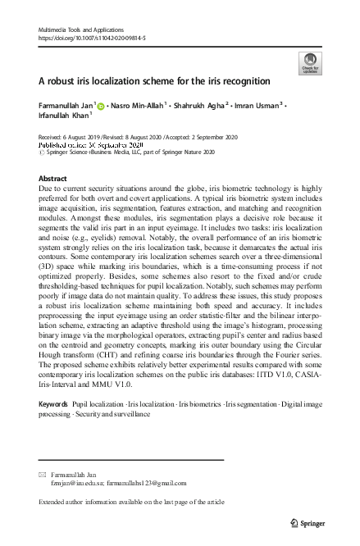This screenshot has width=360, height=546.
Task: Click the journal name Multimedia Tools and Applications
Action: [81, 30]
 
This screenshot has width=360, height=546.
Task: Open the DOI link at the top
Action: [91, 38]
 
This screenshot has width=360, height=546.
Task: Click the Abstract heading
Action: [53, 179]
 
